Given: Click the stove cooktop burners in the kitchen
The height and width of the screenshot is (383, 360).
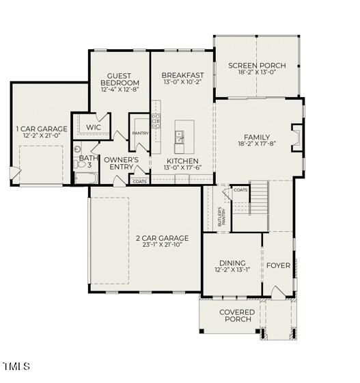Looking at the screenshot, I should (x=156, y=120).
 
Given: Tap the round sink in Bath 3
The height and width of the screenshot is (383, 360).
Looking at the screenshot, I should (x=78, y=148).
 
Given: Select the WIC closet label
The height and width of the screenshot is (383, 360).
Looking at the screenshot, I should (x=94, y=127).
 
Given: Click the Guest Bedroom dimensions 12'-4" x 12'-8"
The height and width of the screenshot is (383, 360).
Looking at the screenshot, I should (x=120, y=89).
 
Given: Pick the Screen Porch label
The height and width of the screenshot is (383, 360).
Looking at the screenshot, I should (x=257, y=66).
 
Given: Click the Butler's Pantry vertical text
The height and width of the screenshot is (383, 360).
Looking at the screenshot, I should (x=220, y=217).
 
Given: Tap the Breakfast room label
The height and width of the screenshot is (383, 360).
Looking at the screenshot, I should (x=182, y=75).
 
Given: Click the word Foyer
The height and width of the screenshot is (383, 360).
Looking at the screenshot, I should (x=278, y=265).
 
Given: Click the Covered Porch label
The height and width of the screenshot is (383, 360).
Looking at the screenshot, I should (x=236, y=316).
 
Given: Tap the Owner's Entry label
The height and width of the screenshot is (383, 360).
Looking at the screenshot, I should (x=121, y=163).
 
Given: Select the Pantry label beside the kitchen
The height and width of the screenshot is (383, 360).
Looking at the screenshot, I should (x=141, y=133).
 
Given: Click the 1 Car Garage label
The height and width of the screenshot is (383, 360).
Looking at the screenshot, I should (x=42, y=129).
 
